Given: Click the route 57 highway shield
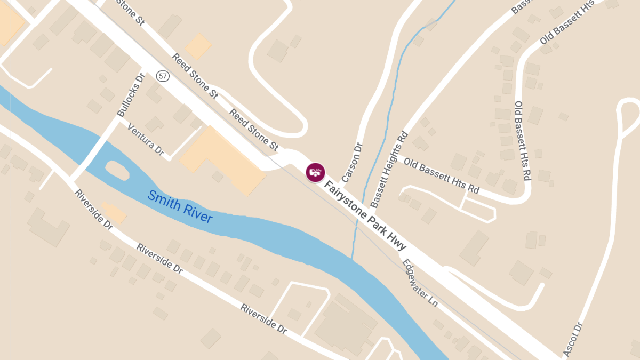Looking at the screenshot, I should click(x=163, y=76).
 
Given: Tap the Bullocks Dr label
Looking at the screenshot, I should click(x=131, y=95).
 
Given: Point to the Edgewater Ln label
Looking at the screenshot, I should click(x=420, y=283).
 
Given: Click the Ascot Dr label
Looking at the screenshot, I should click(x=573, y=339).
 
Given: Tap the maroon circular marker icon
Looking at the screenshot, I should click(x=315, y=172).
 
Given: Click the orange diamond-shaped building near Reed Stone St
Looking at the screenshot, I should click(x=198, y=46).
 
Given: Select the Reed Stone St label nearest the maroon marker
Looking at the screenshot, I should click(x=254, y=129).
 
